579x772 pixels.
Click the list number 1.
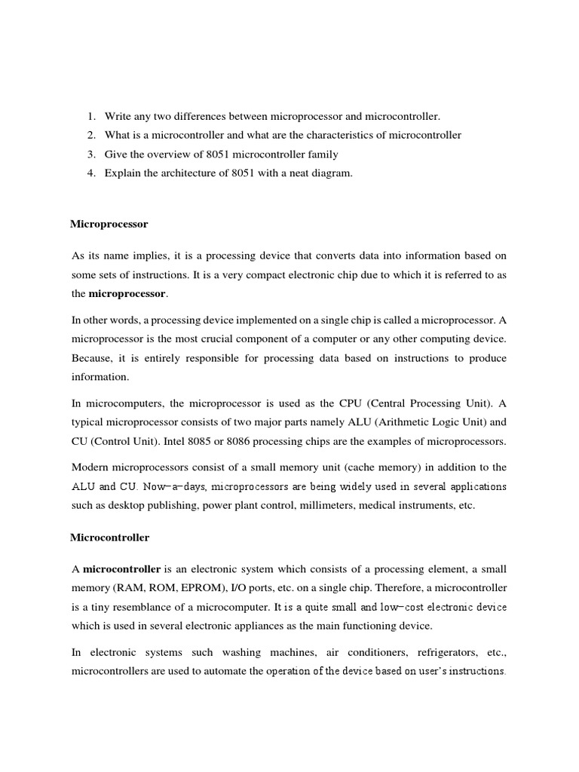pos(90,116)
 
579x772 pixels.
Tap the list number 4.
pos(90,173)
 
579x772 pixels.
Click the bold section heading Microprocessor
pos(109,225)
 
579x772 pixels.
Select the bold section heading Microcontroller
pos(110,538)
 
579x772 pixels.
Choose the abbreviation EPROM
pos(199,587)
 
